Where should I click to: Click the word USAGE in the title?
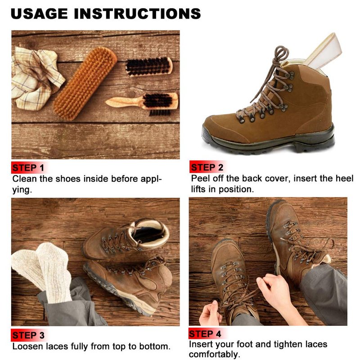click(x=39, y=13)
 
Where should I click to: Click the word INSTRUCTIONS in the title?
click(x=138, y=13)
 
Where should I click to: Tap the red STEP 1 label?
click(x=28, y=168)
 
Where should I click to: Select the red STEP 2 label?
click(x=207, y=167)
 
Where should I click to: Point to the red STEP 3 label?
click(x=28, y=335)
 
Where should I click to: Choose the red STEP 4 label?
click(x=205, y=333)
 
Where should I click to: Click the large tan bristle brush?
click(x=85, y=83)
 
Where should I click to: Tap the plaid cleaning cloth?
click(x=36, y=78)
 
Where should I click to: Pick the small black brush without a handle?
click(x=149, y=66)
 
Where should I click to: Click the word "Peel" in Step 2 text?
click(x=200, y=179)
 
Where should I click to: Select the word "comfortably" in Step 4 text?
click(x=215, y=355)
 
